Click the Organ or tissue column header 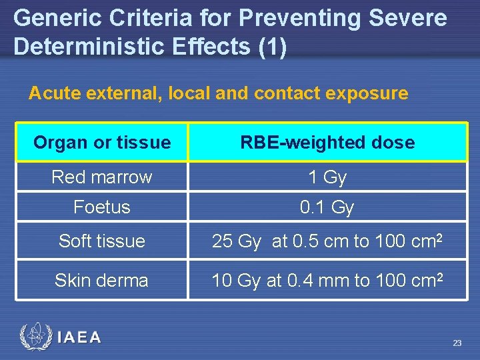(x=102, y=142)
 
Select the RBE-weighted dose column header (x=327, y=142)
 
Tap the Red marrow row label (x=102, y=177)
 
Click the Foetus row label (x=102, y=207)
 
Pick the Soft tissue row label (x=102, y=241)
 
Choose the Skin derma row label (x=102, y=280)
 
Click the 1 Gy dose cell (x=327, y=177)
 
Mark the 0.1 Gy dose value (x=327, y=207)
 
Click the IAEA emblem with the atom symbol (x=35, y=337)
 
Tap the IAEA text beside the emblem (x=79, y=338)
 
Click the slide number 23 (x=457, y=343)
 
